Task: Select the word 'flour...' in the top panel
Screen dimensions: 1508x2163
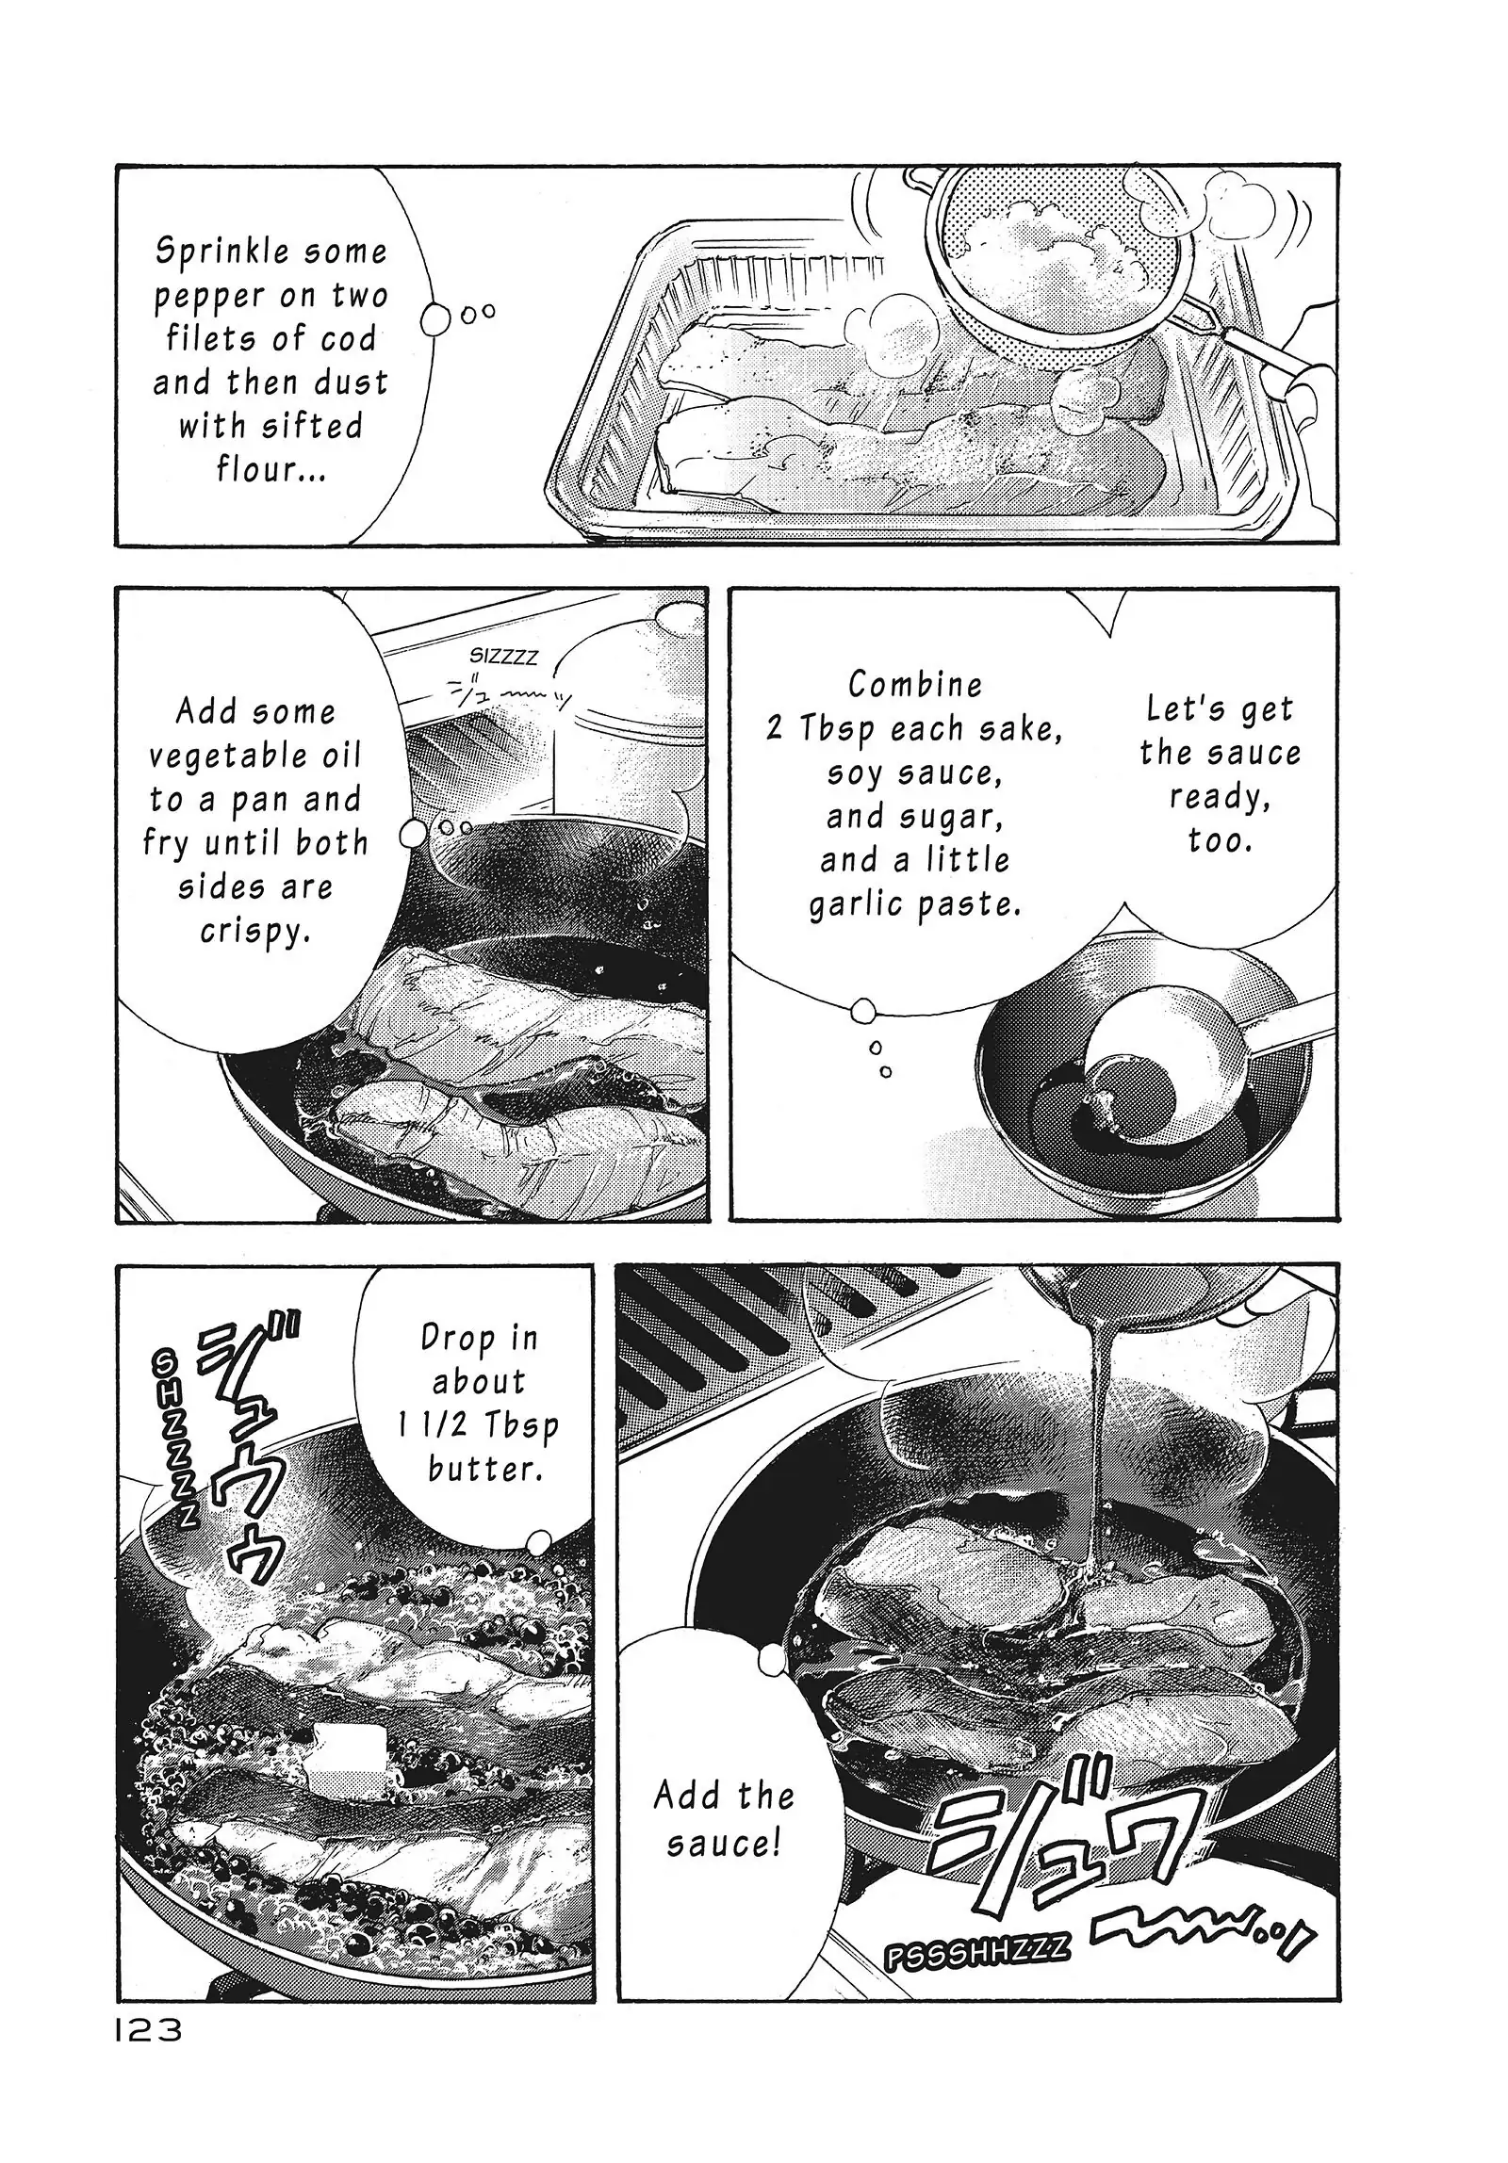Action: tap(271, 468)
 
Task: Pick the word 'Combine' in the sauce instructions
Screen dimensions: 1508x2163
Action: tap(915, 684)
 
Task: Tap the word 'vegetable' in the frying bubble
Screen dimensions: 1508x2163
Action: tap(255, 756)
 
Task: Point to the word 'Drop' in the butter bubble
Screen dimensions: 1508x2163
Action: tap(457, 1338)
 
